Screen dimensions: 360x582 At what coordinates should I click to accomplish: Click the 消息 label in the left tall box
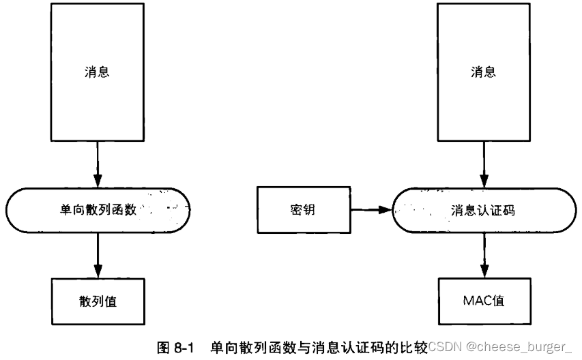(97, 72)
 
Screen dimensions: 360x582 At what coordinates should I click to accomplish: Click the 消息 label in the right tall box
(484, 72)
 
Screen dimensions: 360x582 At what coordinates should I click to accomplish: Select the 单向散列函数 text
(98, 210)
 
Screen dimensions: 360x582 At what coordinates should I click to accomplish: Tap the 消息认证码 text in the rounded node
(484, 210)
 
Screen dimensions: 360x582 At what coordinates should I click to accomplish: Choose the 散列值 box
(98, 301)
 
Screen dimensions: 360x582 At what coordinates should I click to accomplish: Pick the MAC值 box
(484, 300)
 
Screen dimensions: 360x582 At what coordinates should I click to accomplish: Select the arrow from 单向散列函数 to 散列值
(98, 254)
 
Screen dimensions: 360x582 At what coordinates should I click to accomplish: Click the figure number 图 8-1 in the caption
(176, 348)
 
